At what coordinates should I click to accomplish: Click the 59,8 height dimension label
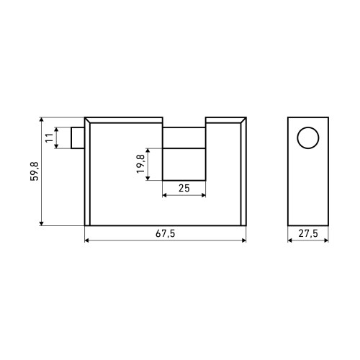tap(35, 171)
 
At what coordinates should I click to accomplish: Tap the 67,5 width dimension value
tap(166, 233)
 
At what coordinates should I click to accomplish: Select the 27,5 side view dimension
tap(308, 233)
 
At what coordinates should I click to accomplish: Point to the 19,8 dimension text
tap(140, 163)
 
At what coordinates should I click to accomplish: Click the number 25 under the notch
tap(184, 188)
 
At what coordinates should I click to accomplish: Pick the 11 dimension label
tap(49, 138)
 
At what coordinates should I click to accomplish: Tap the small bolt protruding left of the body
tap(78, 138)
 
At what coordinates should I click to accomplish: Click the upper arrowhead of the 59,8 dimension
tap(42, 120)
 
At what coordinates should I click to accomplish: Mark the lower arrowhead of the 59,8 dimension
tap(42, 223)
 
